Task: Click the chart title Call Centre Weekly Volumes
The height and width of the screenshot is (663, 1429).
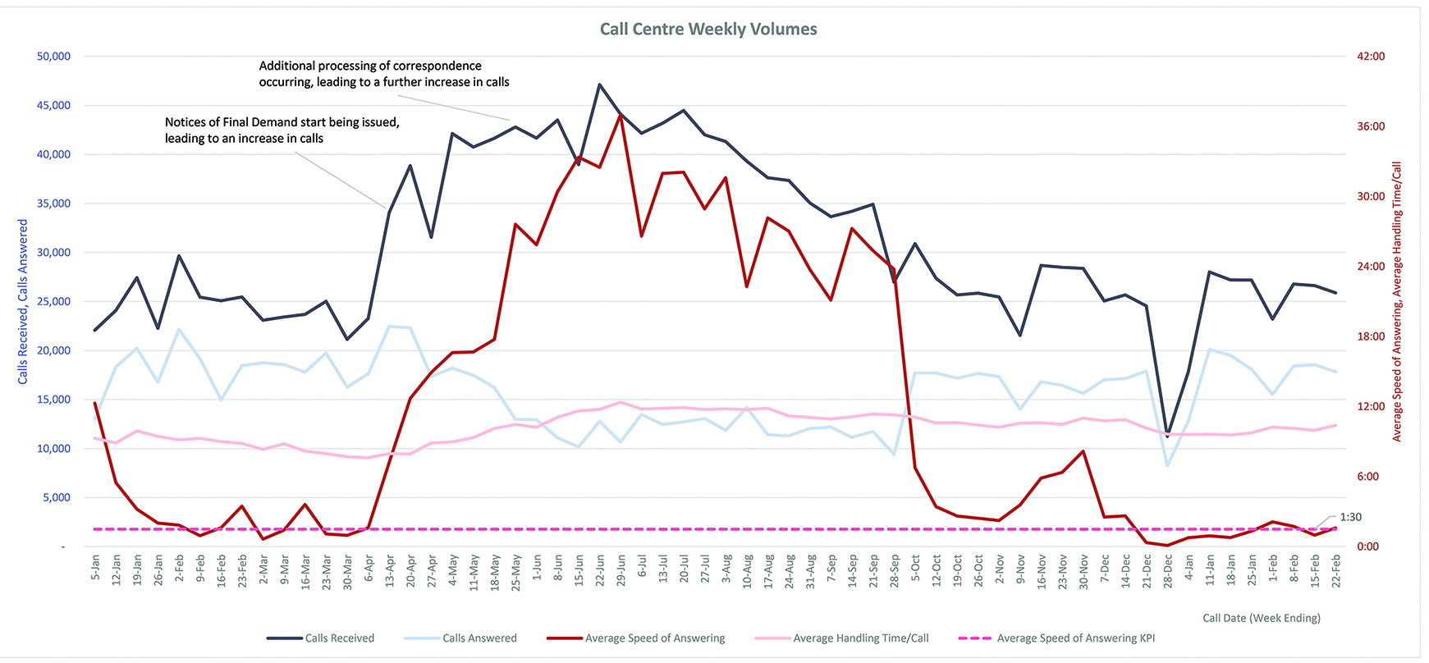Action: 708,30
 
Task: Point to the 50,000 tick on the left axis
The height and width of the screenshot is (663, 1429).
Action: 54,57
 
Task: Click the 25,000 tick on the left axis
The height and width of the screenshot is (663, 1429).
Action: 54,301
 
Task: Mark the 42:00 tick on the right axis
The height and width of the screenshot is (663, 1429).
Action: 1371,57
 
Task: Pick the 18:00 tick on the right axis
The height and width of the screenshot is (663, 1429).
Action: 1371,336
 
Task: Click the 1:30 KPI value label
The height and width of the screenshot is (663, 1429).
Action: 1350,517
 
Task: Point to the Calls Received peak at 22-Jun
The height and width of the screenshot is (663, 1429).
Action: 600,85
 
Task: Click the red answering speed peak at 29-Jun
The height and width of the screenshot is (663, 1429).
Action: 621,115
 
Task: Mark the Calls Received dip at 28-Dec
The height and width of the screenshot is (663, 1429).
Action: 1167,436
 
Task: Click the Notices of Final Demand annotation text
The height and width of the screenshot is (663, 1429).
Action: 282,130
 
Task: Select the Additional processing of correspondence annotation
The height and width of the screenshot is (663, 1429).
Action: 383,74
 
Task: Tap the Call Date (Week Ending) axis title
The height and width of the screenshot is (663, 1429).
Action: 1261,618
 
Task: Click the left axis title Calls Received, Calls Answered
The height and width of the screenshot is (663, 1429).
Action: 23,301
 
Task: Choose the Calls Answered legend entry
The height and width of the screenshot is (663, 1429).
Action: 479,638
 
